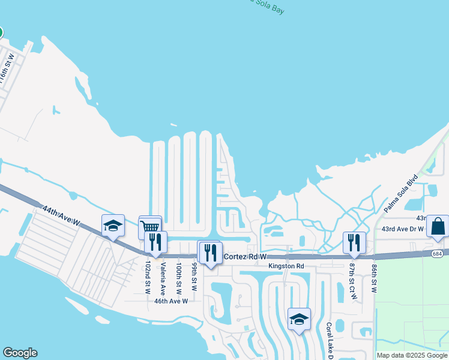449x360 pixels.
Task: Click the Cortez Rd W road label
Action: (x=244, y=257)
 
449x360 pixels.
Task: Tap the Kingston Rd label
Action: (x=286, y=266)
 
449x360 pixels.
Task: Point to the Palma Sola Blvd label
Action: (x=401, y=194)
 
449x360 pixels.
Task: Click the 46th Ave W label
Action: (x=171, y=301)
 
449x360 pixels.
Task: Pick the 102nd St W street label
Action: (x=148, y=277)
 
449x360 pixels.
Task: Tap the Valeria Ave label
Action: (x=163, y=277)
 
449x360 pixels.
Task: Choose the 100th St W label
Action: (x=179, y=277)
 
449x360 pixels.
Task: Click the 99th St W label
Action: (x=194, y=275)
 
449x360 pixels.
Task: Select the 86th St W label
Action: (x=373, y=277)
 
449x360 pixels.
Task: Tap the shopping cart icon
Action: (x=150, y=227)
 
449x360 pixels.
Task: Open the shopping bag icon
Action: (x=438, y=226)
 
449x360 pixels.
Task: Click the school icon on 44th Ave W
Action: (x=113, y=226)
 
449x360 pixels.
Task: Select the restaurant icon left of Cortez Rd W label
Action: (x=210, y=251)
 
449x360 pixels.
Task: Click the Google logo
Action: (x=20, y=353)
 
